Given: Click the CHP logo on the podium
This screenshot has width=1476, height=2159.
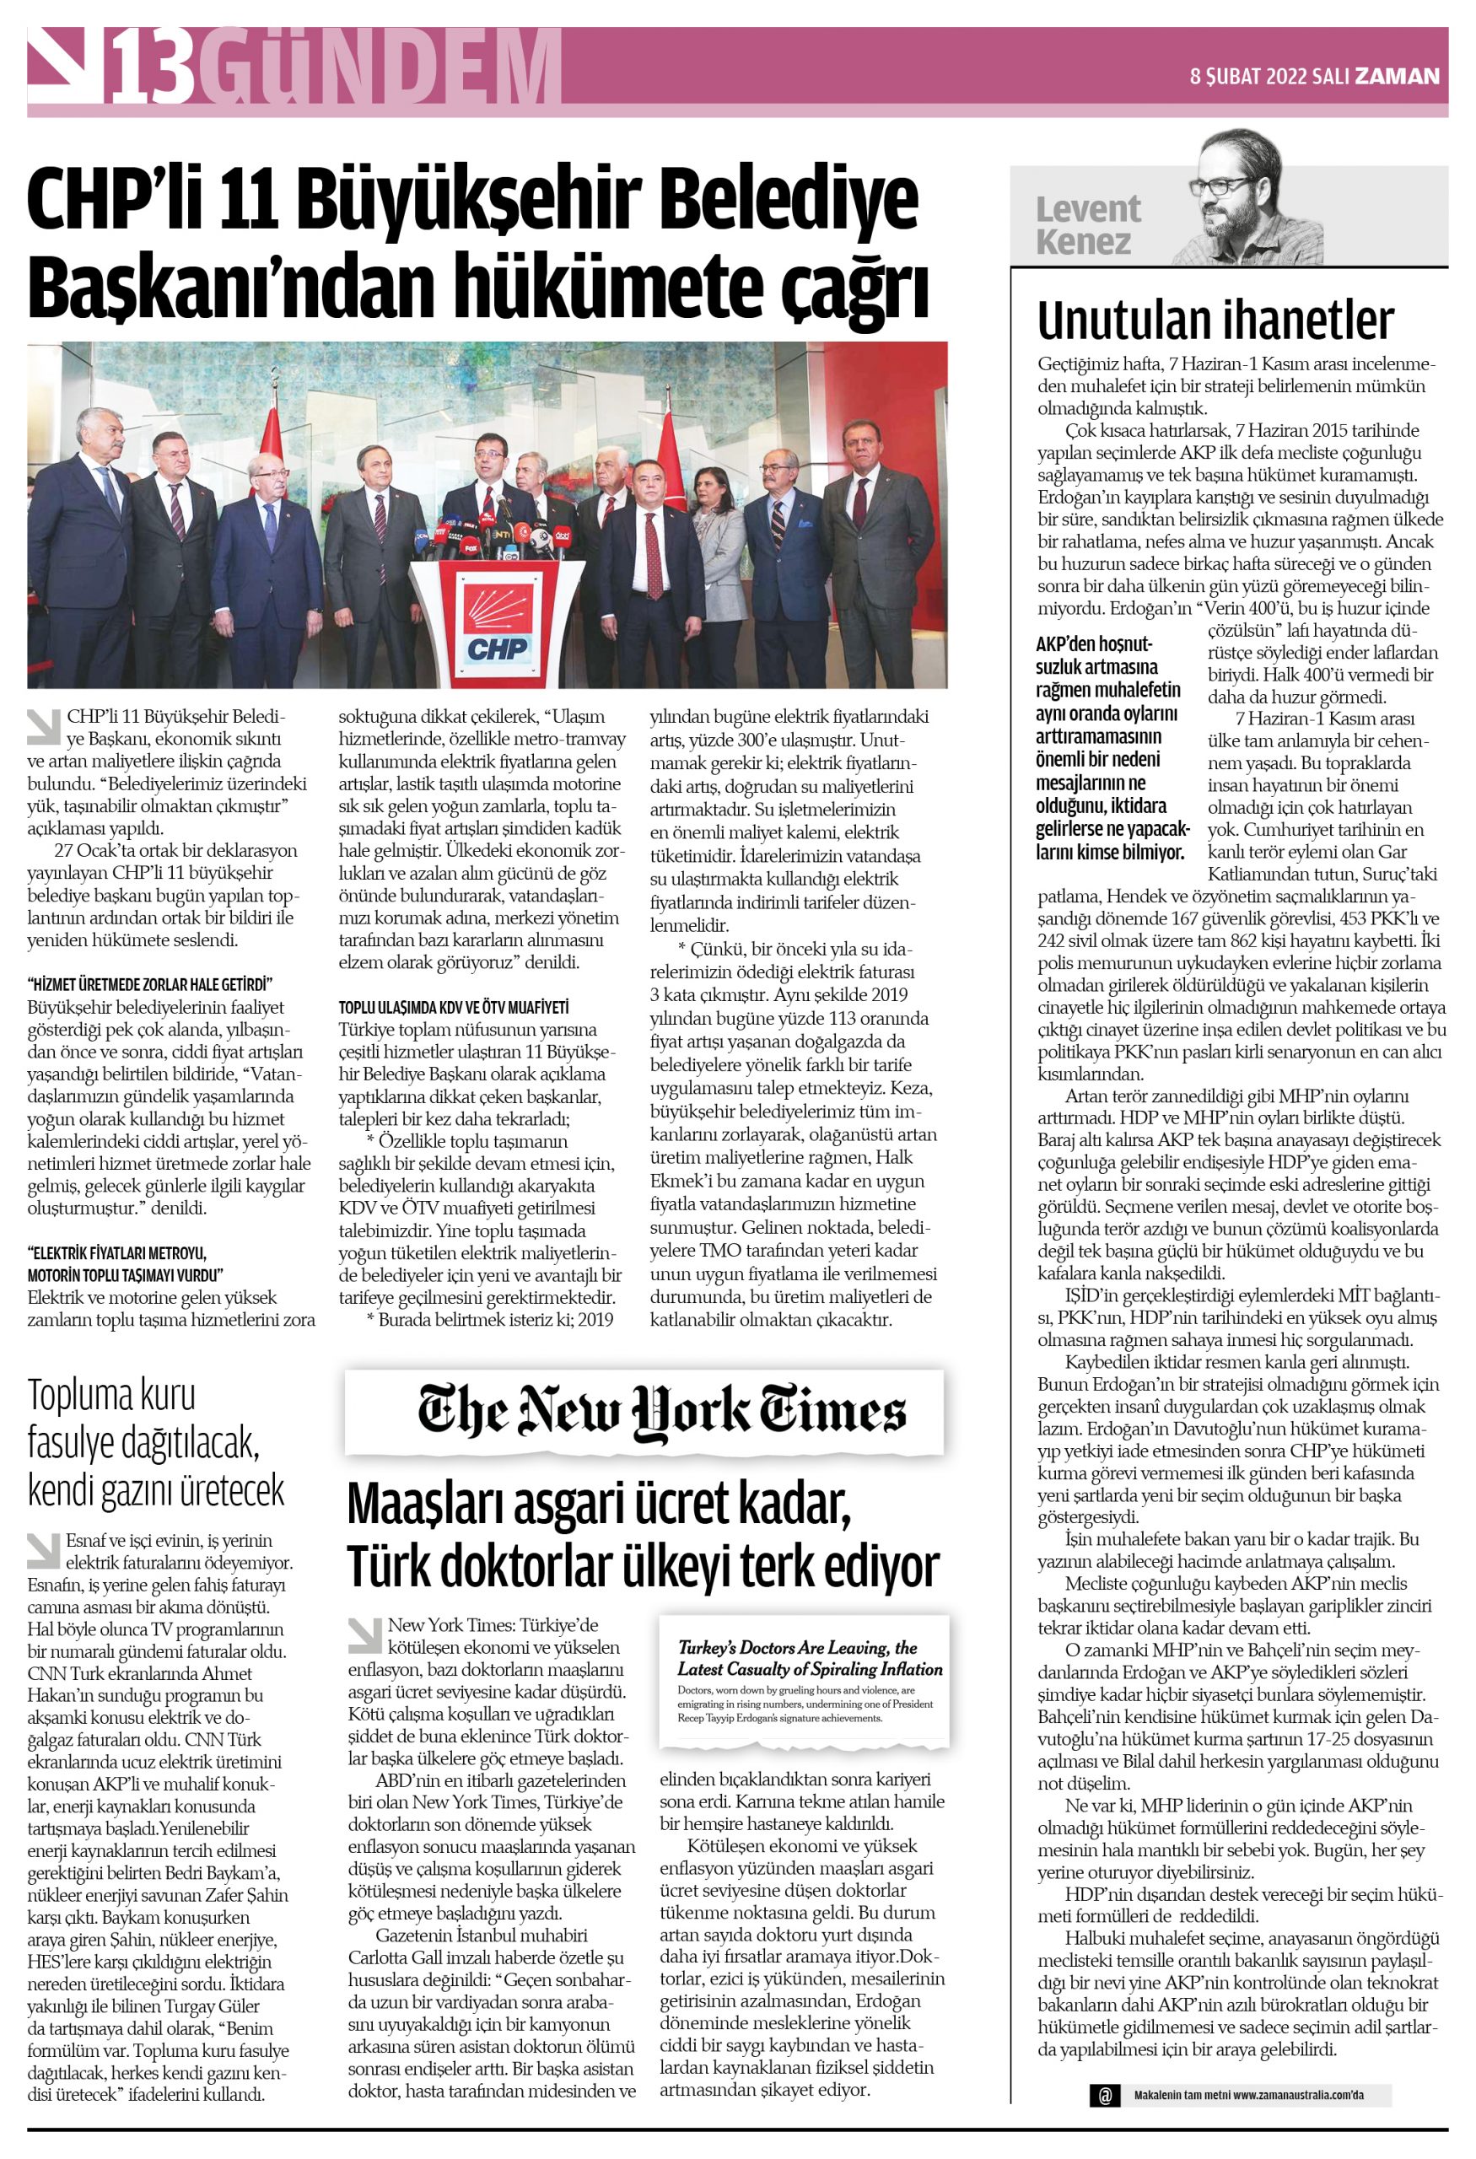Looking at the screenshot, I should [x=497, y=624].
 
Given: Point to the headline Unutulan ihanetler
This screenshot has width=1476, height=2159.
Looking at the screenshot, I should [x=1215, y=321].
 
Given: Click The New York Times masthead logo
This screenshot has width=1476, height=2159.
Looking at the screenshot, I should [x=660, y=1411].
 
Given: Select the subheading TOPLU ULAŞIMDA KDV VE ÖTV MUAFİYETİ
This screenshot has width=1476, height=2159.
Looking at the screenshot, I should [x=453, y=1007].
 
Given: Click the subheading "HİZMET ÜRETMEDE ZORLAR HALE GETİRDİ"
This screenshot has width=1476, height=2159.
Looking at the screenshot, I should [x=149, y=985].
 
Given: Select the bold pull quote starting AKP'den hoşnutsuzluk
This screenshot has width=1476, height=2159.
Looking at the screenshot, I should [x=1111, y=747].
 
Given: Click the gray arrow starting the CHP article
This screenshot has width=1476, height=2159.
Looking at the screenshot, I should [x=43, y=726].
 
